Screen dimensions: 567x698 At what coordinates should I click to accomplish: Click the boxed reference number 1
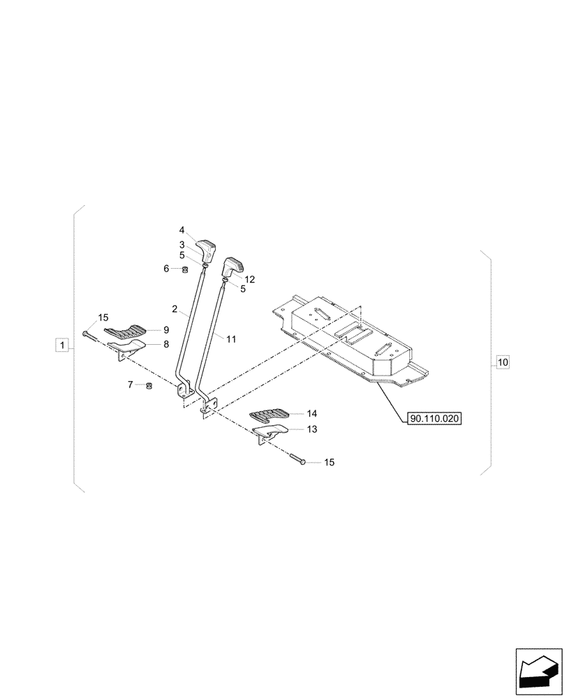[63, 345]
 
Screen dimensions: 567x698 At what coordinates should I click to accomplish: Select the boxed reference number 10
[503, 362]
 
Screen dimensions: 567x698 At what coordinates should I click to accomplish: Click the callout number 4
[182, 230]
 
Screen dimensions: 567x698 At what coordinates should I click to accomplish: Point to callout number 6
[166, 269]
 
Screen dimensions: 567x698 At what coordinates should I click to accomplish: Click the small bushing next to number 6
[186, 269]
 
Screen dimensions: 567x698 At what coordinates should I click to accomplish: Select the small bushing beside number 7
[148, 386]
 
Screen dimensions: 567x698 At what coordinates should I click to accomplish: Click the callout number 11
[231, 339]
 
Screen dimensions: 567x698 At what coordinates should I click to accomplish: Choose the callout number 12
[249, 279]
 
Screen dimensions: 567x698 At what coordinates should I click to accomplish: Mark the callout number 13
[311, 429]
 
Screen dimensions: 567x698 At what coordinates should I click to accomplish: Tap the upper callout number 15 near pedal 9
[103, 318]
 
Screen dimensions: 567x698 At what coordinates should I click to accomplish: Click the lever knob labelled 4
[206, 248]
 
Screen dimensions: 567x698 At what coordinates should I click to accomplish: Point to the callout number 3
[182, 244]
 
